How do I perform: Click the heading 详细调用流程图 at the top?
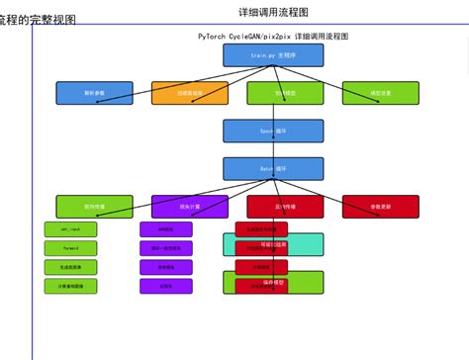point(274,12)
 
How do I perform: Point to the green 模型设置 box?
point(374,93)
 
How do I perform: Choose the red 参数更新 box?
point(374,207)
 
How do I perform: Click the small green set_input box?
point(70,229)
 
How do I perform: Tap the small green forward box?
point(70,248)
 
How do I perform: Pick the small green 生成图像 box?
point(70,267)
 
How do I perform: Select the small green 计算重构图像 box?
point(70,286)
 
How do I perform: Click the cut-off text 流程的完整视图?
point(38,20)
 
